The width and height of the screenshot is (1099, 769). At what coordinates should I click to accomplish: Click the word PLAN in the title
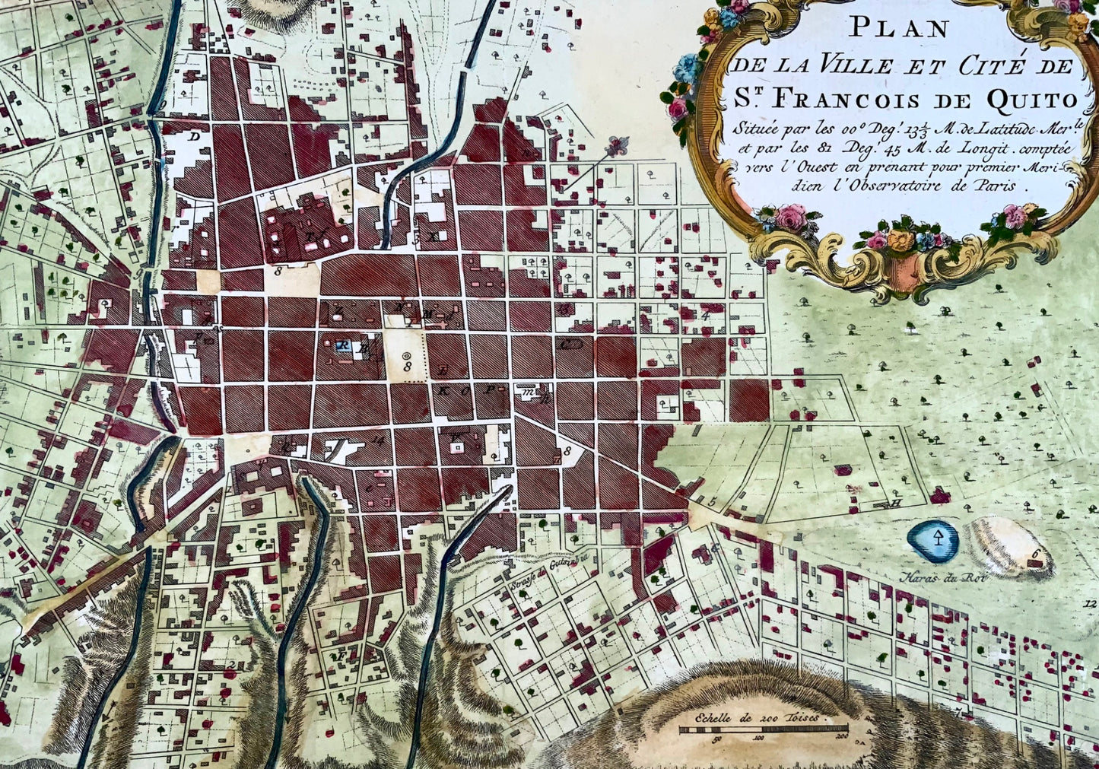tap(899, 29)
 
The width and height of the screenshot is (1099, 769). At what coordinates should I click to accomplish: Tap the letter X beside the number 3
tap(433, 237)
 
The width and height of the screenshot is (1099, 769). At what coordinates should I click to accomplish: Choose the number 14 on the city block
tap(377, 439)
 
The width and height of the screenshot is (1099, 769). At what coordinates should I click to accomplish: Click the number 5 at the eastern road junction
tap(713, 500)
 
